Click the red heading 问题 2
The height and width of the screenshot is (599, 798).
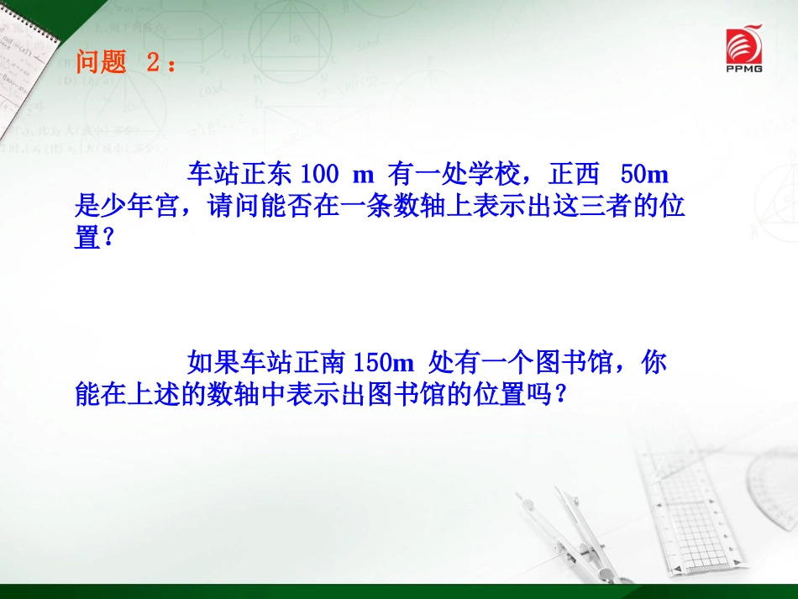(x=126, y=63)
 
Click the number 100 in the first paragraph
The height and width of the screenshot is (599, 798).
(x=318, y=175)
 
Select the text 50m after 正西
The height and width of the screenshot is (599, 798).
(x=643, y=175)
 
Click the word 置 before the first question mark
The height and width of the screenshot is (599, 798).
(x=87, y=239)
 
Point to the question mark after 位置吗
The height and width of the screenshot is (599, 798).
(x=561, y=395)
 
